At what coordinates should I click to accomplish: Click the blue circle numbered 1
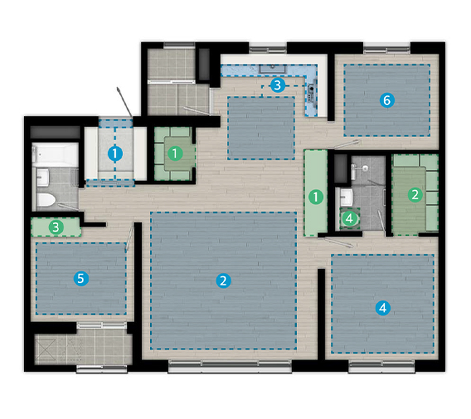point(115,154)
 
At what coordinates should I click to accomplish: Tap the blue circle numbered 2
point(223,281)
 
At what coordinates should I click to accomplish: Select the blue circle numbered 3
point(277,85)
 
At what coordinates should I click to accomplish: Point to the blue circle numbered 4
point(383,308)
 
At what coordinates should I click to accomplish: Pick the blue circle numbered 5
point(81,279)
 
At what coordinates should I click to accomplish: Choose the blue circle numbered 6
point(387,100)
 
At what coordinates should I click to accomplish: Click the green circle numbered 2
point(415,195)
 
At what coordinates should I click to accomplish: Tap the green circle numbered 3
point(56,227)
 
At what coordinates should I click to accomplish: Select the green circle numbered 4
point(350,218)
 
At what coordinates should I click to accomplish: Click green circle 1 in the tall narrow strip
point(316,197)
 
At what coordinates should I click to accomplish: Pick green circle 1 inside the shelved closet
point(175,153)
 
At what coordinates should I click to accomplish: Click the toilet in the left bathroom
point(46,200)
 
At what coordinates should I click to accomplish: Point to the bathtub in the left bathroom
point(55,155)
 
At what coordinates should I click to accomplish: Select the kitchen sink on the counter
point(273,68)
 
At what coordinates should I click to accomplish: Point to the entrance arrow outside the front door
point(125,102)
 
